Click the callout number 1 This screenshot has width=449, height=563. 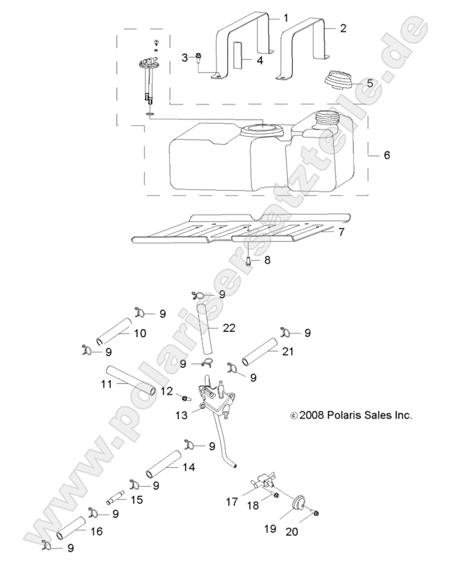pos(285,17)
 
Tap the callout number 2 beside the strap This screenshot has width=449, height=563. pos(343,28)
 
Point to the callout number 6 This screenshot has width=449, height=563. pos(386,155)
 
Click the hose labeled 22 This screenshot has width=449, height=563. pos(207,328)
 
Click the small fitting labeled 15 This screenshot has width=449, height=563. pos(116,497)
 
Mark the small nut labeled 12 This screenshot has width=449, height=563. pos(184,398)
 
